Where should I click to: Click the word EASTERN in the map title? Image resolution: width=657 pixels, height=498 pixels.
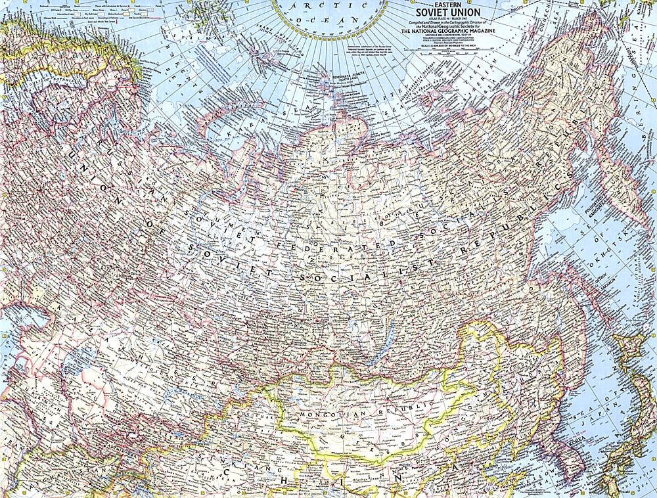pyautogui.click(x=447, y=5)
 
